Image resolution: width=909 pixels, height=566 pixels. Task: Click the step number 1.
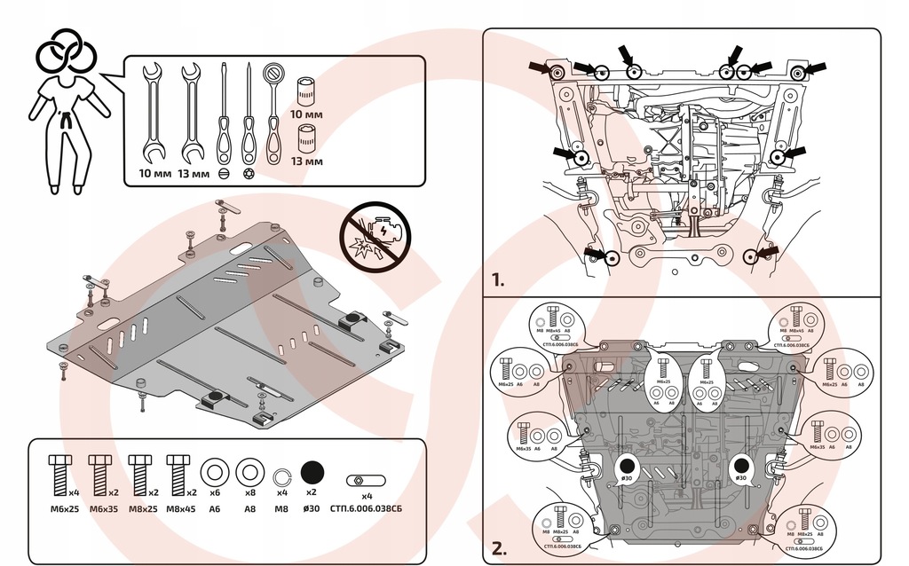tap(497, 280)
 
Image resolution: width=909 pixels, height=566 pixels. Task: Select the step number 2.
tap(498, 547)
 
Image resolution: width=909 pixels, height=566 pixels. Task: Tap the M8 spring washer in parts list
tap(281, 473)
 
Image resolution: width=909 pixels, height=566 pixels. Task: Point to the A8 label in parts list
tap(250, 508)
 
